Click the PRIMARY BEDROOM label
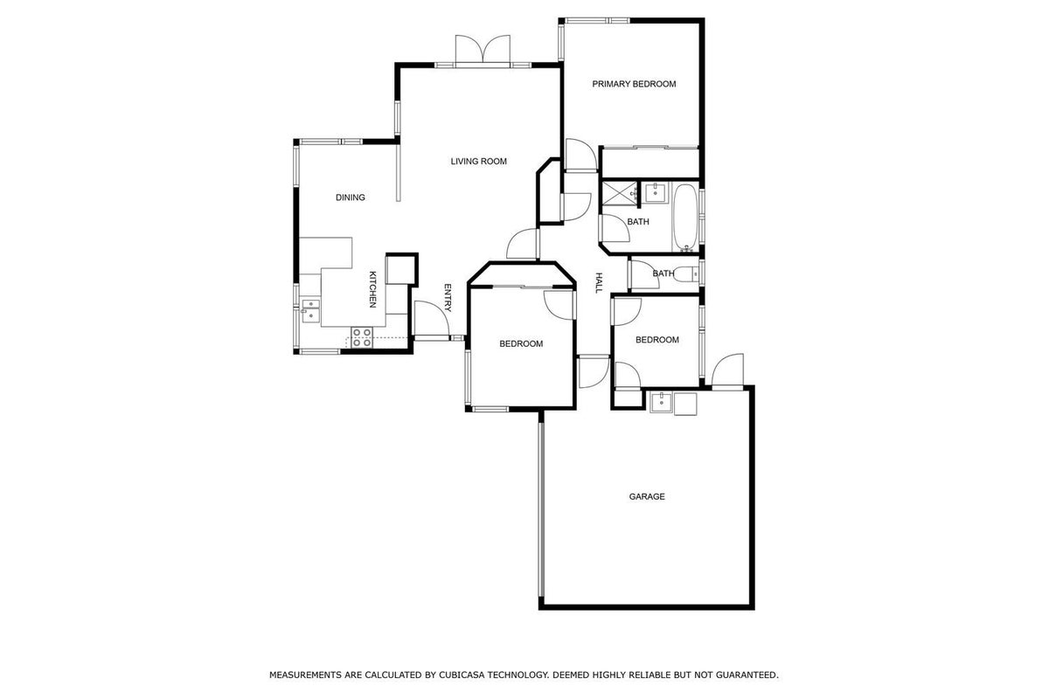pos(634,84)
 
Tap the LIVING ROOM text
pos(479,162)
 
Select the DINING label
pos(351,197)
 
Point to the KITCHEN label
pos(372,289)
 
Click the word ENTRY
pos(448,298)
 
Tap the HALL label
pos(599,283)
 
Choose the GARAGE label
pos(647,496)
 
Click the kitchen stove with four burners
pos(362,337)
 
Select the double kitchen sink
pos(310,311)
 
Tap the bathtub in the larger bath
pos(685,218)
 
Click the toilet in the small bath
pos(689,273)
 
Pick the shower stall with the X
pos(619,193)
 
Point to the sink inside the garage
pos(661,403)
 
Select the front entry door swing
pos(432,318)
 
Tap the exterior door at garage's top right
pos(727,370)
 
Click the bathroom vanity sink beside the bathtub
pos(655,192)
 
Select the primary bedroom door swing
pos(581,155)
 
